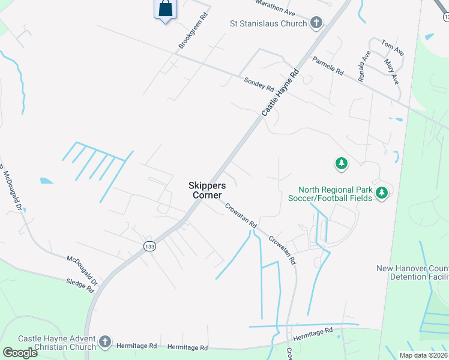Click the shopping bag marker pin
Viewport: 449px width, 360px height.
(165, 9)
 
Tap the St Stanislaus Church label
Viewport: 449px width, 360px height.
(269, 24)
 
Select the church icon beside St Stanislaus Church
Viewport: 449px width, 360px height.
(316, 24)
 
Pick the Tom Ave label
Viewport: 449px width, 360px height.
(393, 48)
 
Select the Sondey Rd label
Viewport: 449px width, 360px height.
(258, 84)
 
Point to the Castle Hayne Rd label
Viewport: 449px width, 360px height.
(280, 92)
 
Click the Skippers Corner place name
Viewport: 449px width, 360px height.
(206, 191)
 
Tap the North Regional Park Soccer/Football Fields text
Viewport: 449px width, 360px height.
(329, 193)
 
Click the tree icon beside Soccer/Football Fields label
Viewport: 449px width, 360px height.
(381, 193)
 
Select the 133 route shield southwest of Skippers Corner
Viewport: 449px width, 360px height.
(149, 245)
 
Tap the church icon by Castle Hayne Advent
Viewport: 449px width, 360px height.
(104, 342)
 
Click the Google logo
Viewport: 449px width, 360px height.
(20, 352)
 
